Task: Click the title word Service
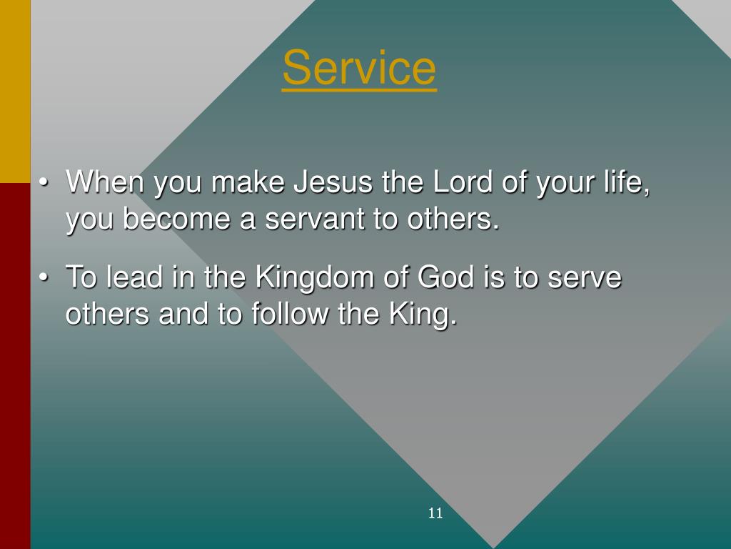click(x=359, y=69)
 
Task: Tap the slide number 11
click(x=435, y=513)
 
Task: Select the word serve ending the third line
click(x=584, y=277)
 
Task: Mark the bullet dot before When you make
click(x=44, y=184)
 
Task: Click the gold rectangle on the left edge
click(x=15, y=91)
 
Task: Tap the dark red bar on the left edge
click(x=15, y=365)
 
